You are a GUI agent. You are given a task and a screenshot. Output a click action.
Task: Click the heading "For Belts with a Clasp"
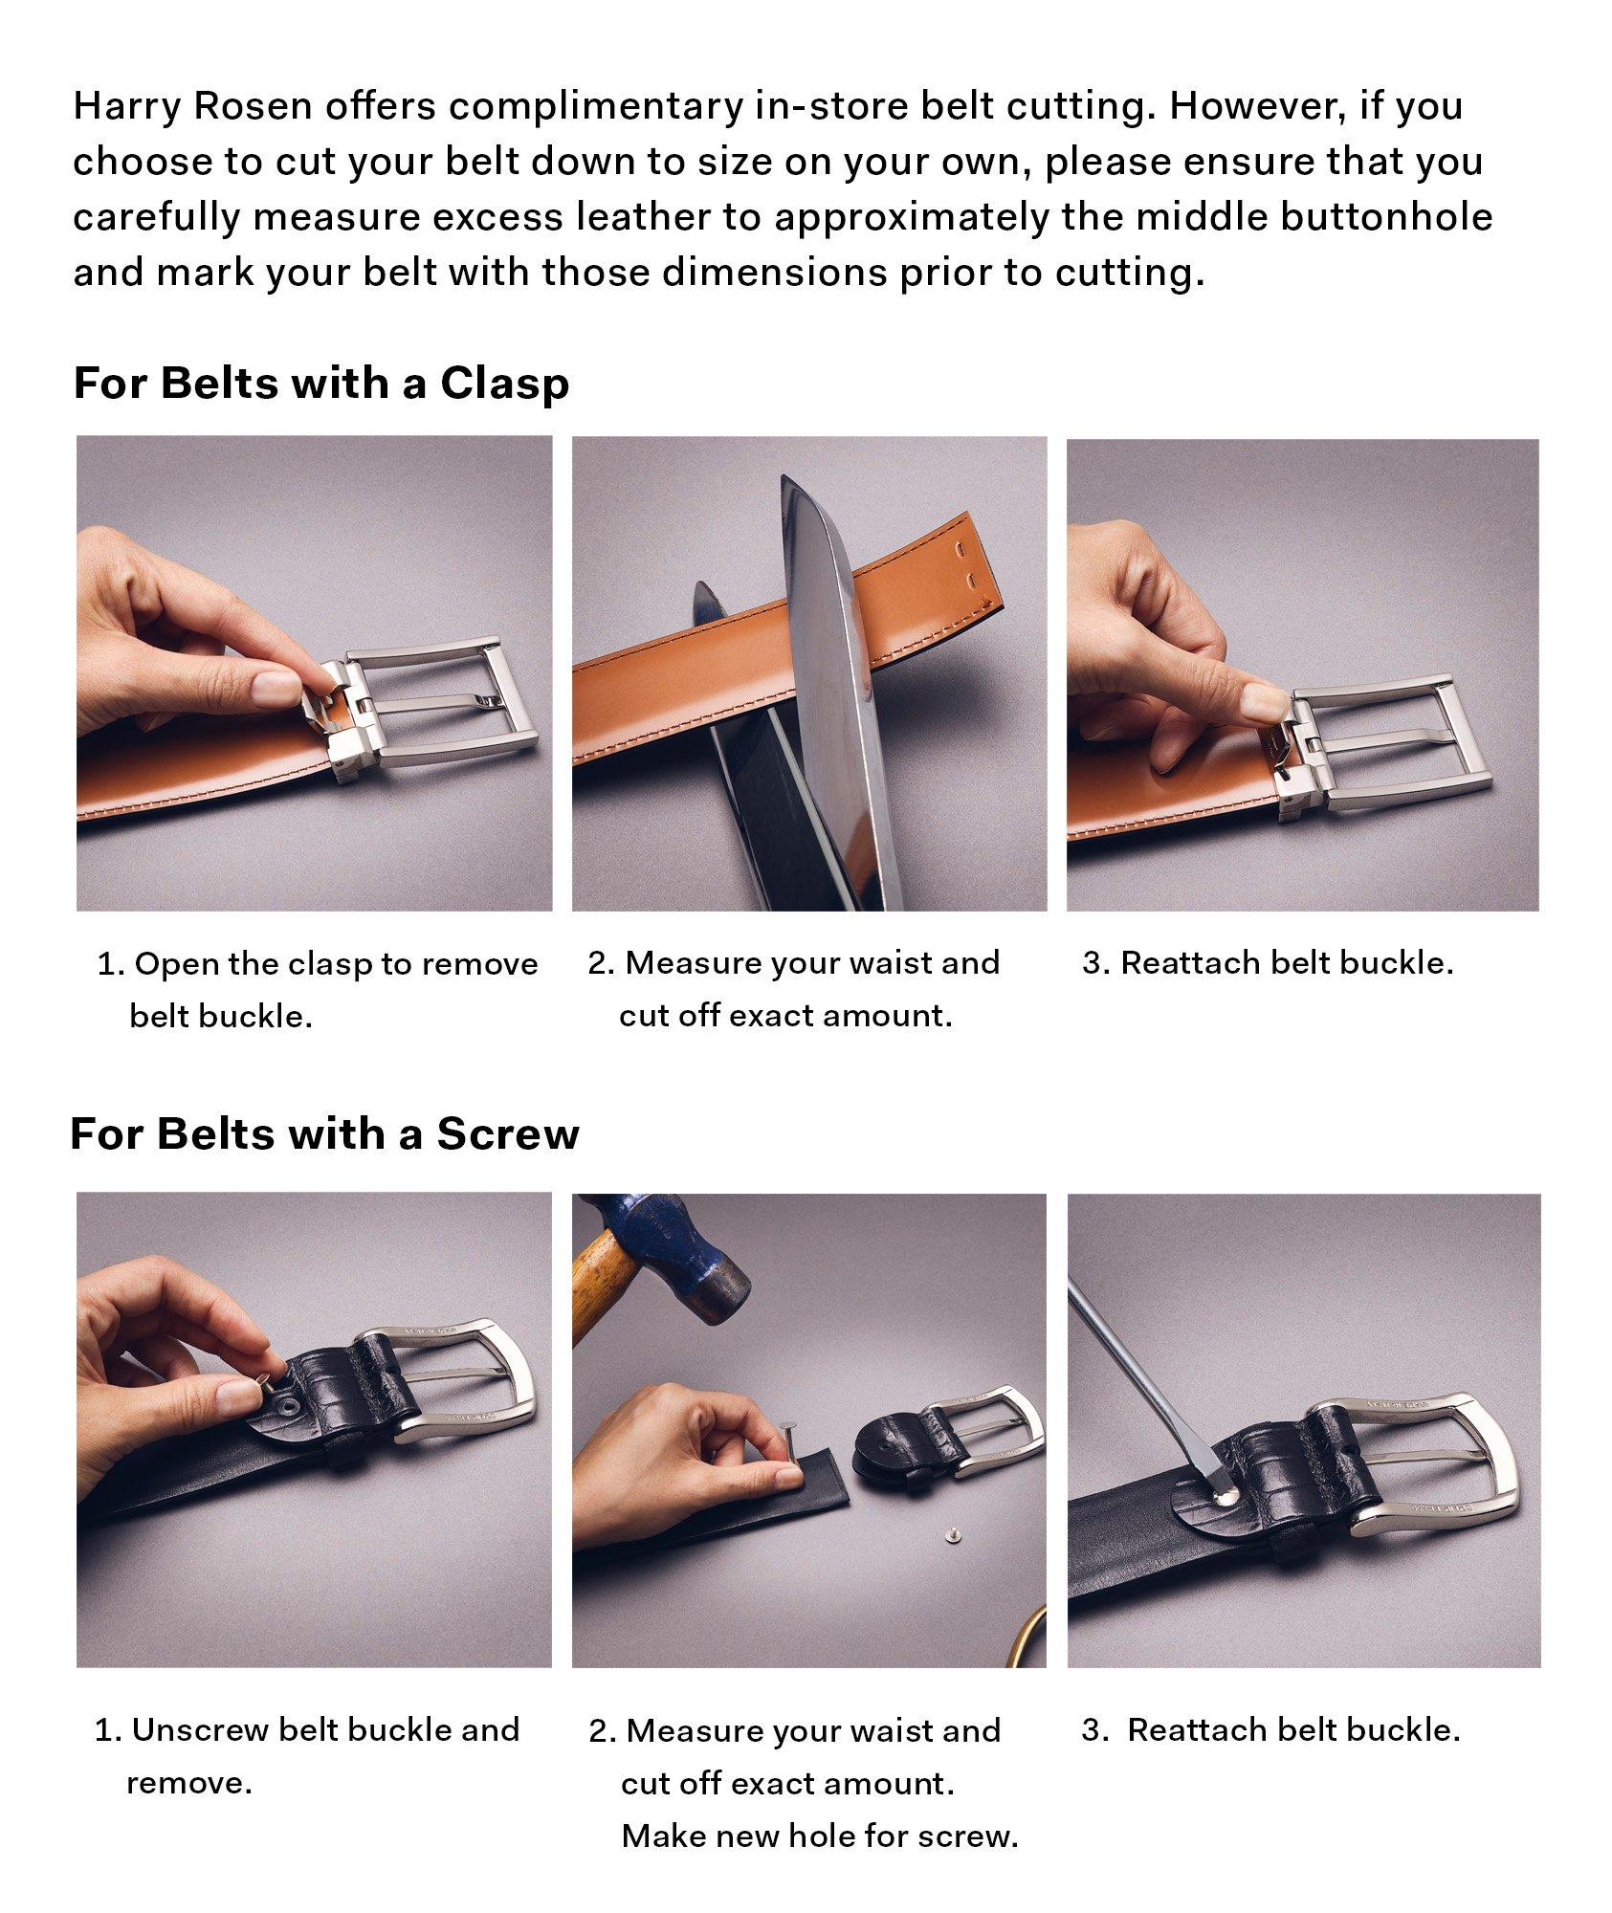click(321, 384)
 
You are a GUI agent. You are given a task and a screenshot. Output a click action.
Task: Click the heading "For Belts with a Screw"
click(325, 1134)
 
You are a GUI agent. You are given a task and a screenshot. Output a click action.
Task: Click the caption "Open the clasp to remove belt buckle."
click(318, 989)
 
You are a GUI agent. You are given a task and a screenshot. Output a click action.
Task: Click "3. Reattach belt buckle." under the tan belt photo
click(1268, 963)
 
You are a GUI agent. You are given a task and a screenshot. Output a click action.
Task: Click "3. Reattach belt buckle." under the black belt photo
click(1270, 1730)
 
